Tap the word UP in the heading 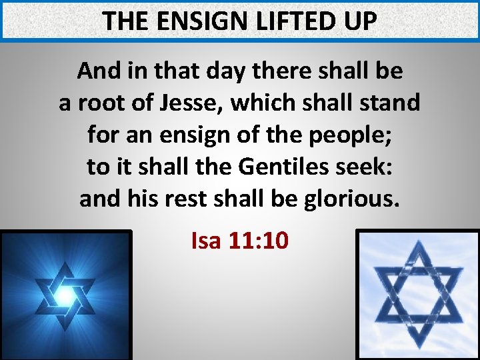click(359, 21)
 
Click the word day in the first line click(219, 71)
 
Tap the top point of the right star click(419, 244)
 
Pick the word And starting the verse click(98, 71)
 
